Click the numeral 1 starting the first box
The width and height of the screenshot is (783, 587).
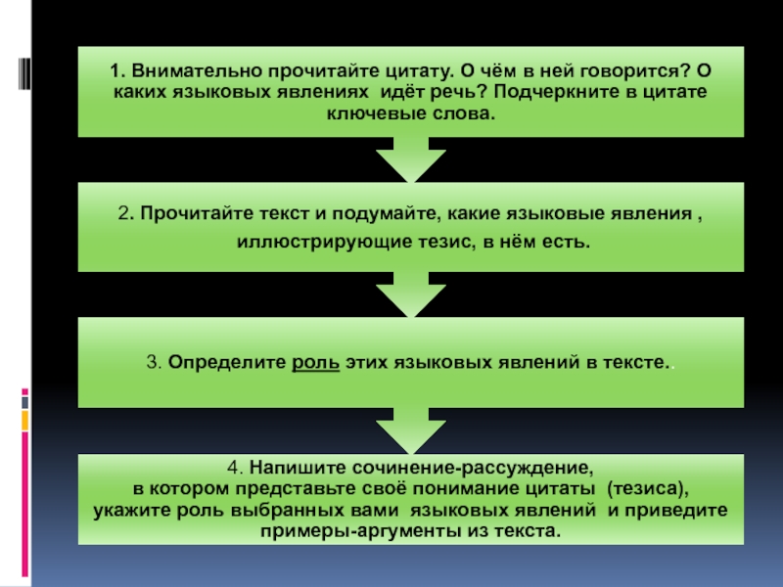(115, 71)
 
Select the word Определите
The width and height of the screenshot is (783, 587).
(227, 362)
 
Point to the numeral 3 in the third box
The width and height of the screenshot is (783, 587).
(152, 362)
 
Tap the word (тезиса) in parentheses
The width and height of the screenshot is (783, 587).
(647, 489)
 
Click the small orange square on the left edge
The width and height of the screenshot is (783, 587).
(24, 421)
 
